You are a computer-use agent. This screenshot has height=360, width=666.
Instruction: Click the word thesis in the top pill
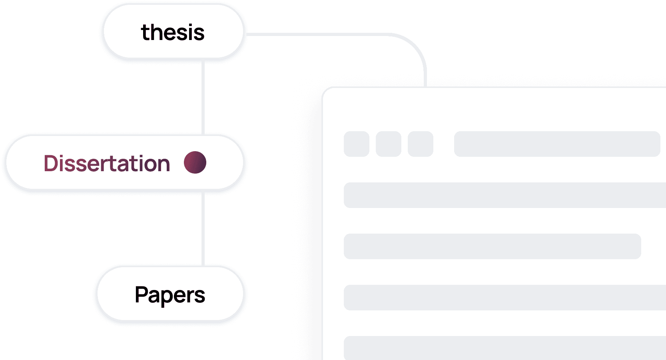pyautogui.click(x=173, y=32)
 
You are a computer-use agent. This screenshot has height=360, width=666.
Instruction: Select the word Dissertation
pyautogui.click(x=107, y=163)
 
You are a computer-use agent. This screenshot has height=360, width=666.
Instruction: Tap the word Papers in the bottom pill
pyautogui.click(x=170, y=295)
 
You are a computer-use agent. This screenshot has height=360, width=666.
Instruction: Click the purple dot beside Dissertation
pyautogui.click(x=195, y=162)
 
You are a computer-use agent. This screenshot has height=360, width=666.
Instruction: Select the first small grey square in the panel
pyautogui.click(x=357, y=144)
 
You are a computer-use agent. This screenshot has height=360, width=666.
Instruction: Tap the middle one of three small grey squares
pyautogui.click(x=389, y=144)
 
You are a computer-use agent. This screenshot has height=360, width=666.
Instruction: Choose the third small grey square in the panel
pyautogui.click(x=421, y=144)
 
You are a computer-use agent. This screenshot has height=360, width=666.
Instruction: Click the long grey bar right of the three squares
pyautogui.click(x=557, y=144)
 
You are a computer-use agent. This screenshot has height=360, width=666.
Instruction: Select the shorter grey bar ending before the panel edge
pyautogui.click(x=492, y=246)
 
